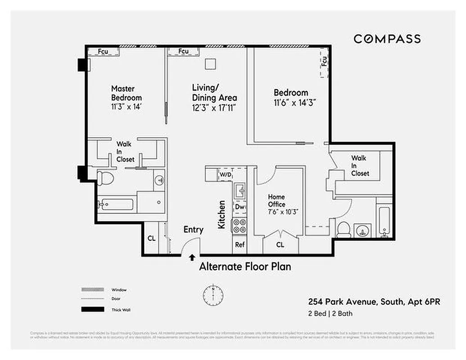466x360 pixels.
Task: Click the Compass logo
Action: [x=387, y=39]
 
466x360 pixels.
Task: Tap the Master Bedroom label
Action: [x=126, y=93]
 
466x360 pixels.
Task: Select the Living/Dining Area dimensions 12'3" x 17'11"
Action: [x=214, y=108]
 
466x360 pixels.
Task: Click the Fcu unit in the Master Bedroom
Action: [x=103, y=52]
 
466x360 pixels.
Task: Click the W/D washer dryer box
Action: [x=225, y=175]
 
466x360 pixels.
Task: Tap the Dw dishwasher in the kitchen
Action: [x=240, y=207]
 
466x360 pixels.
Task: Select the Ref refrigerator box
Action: [x=240, y=245]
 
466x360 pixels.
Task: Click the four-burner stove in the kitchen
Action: [x=239, y=225]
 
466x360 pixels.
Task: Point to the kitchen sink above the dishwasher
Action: [x=240, y=191]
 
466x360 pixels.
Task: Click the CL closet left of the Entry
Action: [x=152, y=238]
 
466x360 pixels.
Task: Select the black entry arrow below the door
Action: [x=192, y=258]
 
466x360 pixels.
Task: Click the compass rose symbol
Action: [x=213, y=295]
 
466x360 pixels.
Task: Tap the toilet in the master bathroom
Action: [x=104, y=177]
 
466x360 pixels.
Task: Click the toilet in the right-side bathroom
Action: [x=345, y=229]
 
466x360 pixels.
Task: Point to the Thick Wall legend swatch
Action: [x=90, y=310]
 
